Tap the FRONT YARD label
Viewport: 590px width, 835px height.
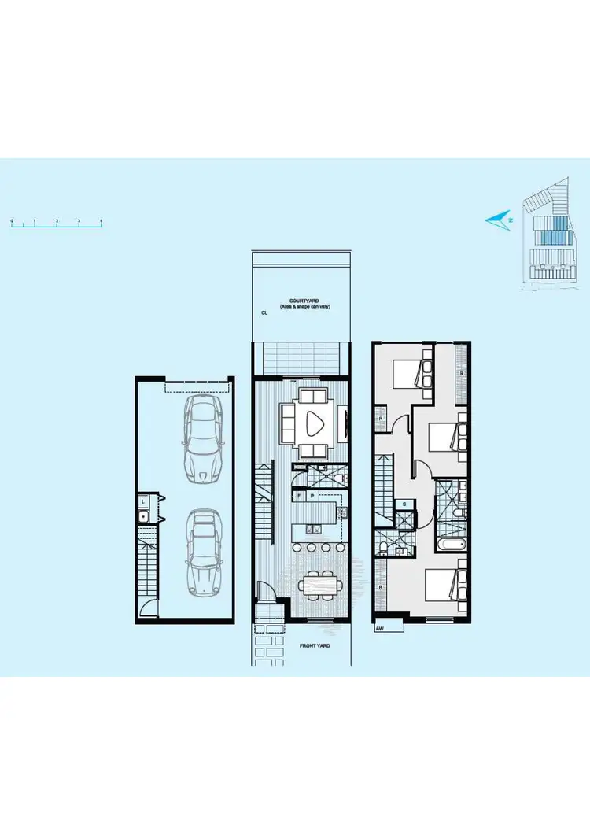pos(314,645)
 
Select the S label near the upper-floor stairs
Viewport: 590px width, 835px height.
pos(404,504)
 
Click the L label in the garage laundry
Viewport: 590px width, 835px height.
pos(144,501)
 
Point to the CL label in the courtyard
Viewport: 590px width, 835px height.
pos(264,312)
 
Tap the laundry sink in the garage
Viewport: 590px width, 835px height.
pos(144,516)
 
